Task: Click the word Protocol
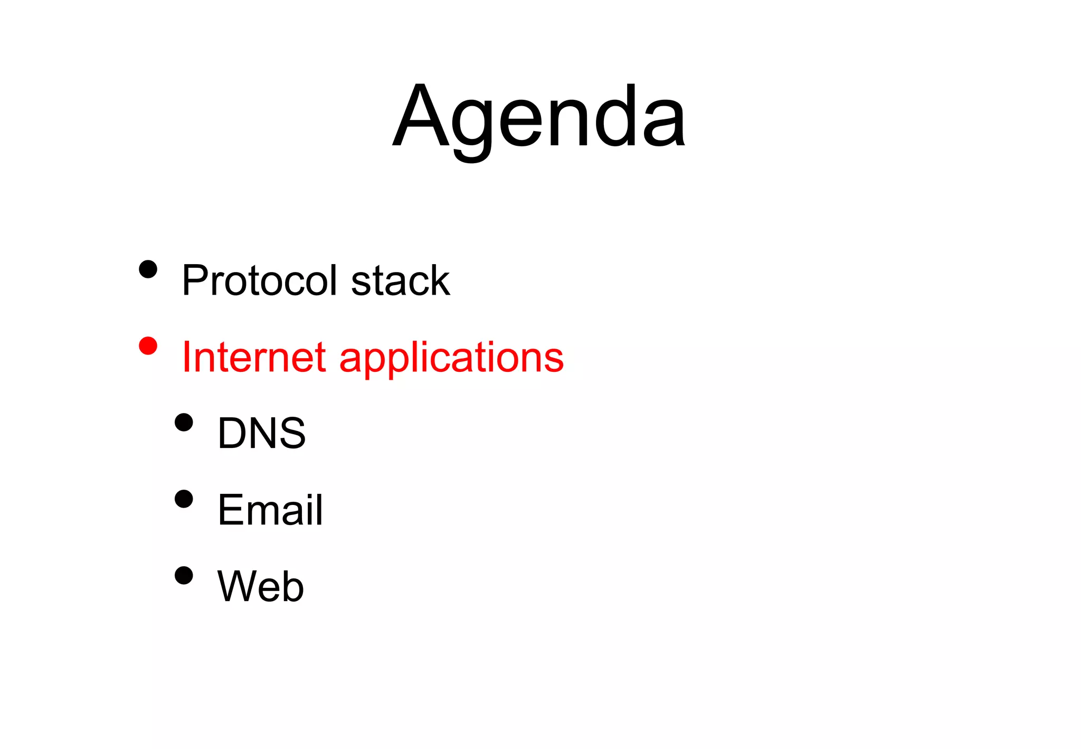[x=259, y=280]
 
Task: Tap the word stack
[x=400, y=280]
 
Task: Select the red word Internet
[x=253, y=357]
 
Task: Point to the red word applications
[x=451, y=359]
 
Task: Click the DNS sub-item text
[x=261, y=433]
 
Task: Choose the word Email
[x=270, y=510]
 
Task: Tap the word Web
[x=260, y=586]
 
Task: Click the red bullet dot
[x=148, y=346]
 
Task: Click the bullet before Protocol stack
[x=148, y=269]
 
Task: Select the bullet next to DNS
[x=184, y=423]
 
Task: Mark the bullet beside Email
[x=184, y=499]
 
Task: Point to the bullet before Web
[x=184, y=576]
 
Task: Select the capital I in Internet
[x=186, y=357]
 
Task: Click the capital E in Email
[x=230, y=510]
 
